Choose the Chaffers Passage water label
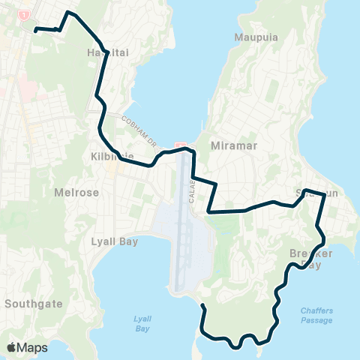click(316, 315)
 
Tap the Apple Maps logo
click(28, 347)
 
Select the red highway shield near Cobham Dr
click(179, 144)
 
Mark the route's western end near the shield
click(36, 30)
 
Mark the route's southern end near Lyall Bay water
click(202, 306)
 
